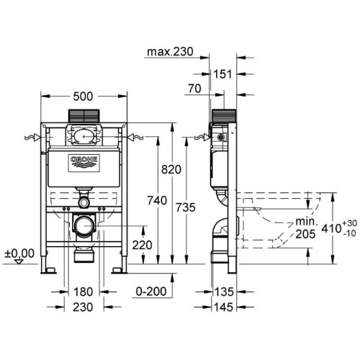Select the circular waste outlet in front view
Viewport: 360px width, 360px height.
click(x=84, y=228)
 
